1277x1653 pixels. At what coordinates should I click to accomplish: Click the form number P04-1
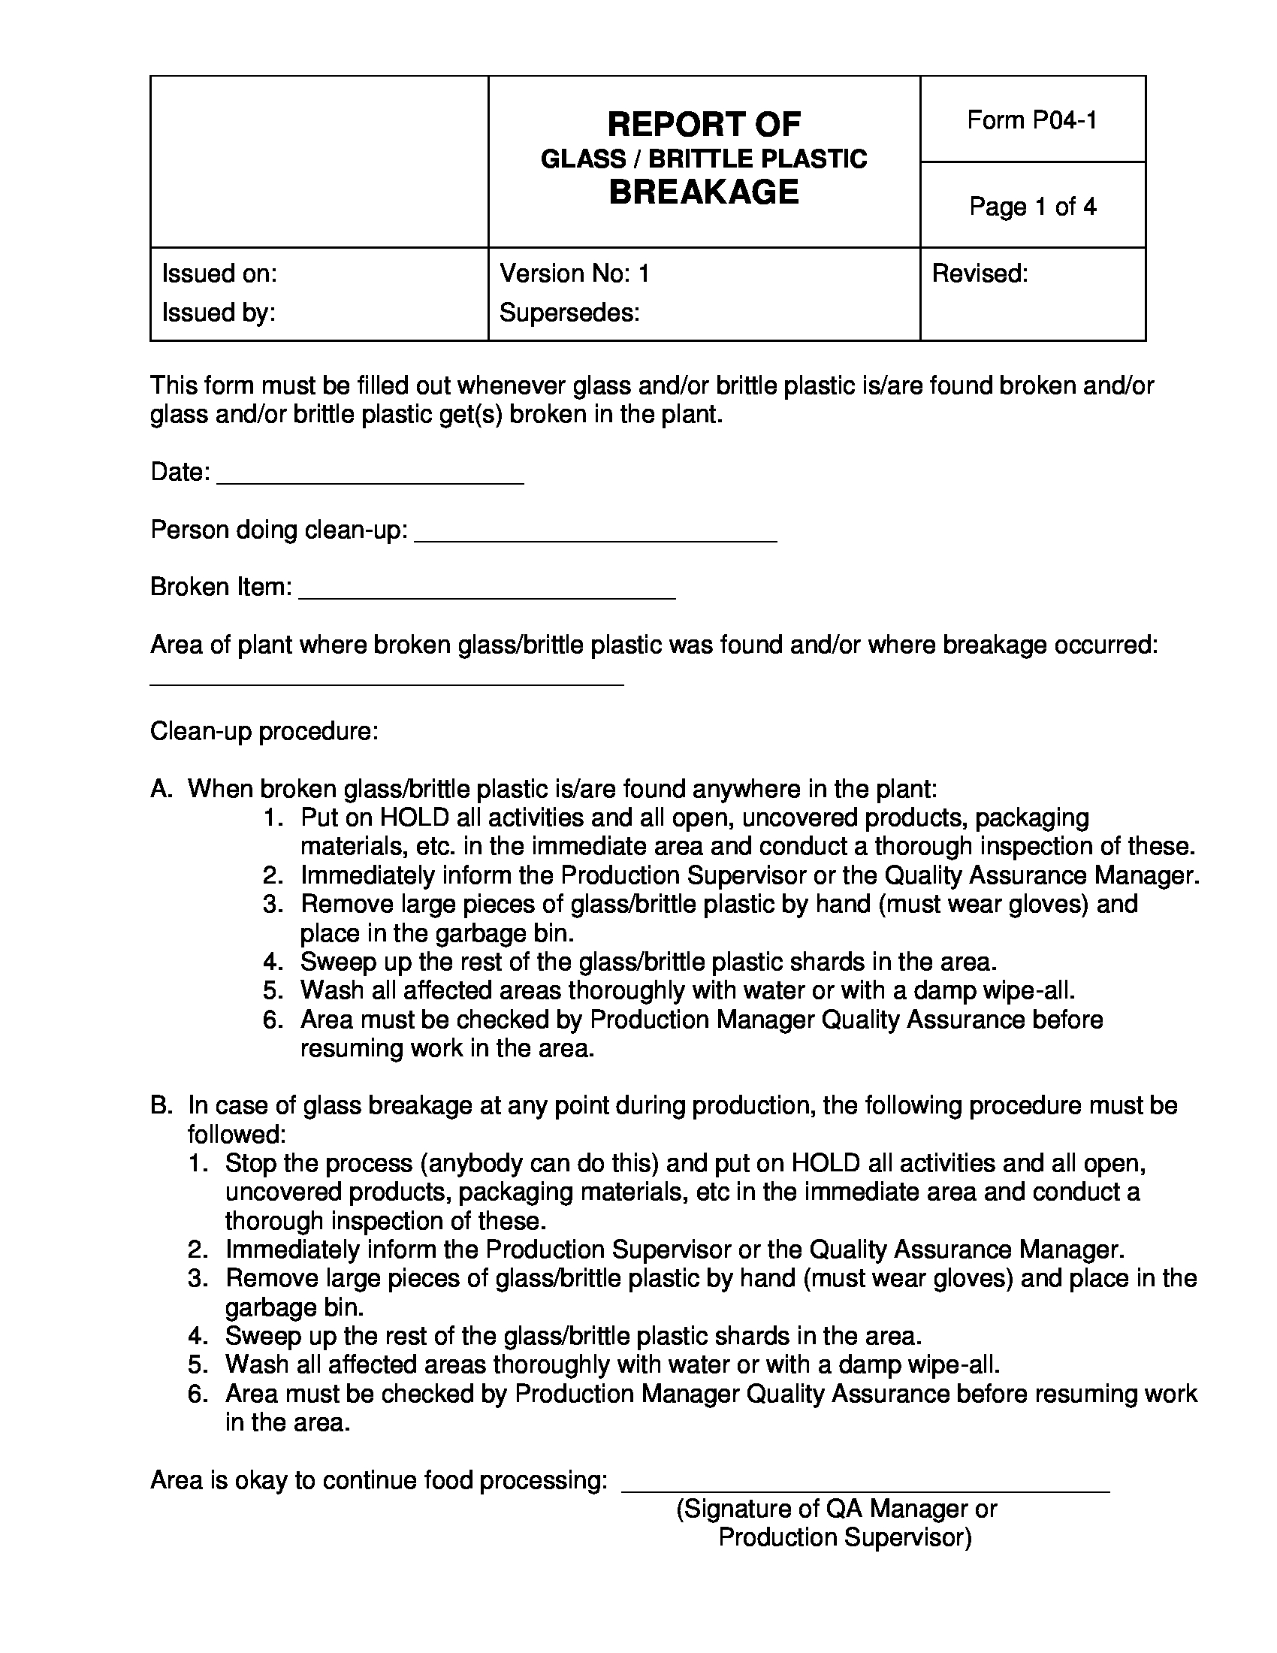click(1032, 120)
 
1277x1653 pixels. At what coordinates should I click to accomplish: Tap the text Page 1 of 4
click(1032, 207)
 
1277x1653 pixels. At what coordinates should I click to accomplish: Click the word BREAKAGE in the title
click(704, 192)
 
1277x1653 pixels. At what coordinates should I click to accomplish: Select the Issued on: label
click(219, 273)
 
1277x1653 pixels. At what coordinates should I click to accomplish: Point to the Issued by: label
click(219, 312)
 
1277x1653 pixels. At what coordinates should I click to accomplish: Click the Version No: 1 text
click(574, 273)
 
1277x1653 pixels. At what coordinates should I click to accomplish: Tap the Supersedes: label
click(569, 312)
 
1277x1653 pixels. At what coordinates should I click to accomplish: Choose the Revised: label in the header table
click(980, 273)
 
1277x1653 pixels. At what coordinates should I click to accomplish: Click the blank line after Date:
click(370, 477)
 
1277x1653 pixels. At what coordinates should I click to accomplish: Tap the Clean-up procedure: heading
click(264, 731)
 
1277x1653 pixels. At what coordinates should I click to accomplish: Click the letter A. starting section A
click(162, 790)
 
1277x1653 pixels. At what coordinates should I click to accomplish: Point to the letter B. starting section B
click(162, 1106)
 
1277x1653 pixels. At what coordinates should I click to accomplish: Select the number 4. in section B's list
click(198, 1336)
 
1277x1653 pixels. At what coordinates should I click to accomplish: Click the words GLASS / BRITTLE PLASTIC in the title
click(704, 159)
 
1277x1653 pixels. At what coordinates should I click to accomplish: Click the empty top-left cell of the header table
click(318, 162)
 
